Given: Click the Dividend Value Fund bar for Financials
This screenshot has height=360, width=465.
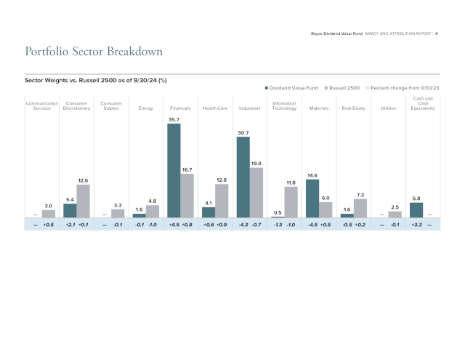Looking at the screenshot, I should coord(174,170).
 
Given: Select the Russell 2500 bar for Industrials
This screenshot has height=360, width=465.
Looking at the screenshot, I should coord(256,192).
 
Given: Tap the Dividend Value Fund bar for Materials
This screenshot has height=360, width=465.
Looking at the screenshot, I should coord(312,198).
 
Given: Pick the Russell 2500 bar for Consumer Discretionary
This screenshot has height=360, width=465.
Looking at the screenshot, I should coord(84,201).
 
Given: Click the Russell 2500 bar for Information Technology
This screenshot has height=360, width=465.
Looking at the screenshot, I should coord(291,201).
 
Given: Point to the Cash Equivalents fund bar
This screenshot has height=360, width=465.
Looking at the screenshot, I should coord(416,209).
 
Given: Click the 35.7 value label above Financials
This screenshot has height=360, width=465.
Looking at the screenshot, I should coord(174,119).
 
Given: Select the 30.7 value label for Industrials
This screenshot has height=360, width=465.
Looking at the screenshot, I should coord(243,132).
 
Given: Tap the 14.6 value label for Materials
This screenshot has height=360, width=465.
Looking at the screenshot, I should coord(312,175).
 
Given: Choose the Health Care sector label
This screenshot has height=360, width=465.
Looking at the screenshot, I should coord(215,108).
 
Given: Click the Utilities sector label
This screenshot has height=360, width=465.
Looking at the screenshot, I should coord(388,108).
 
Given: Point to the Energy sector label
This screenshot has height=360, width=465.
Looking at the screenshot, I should coord(145,108).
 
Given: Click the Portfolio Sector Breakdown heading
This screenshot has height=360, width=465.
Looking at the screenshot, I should coord(94,52).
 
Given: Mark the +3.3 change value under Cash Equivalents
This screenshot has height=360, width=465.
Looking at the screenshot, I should coord(416,225).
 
